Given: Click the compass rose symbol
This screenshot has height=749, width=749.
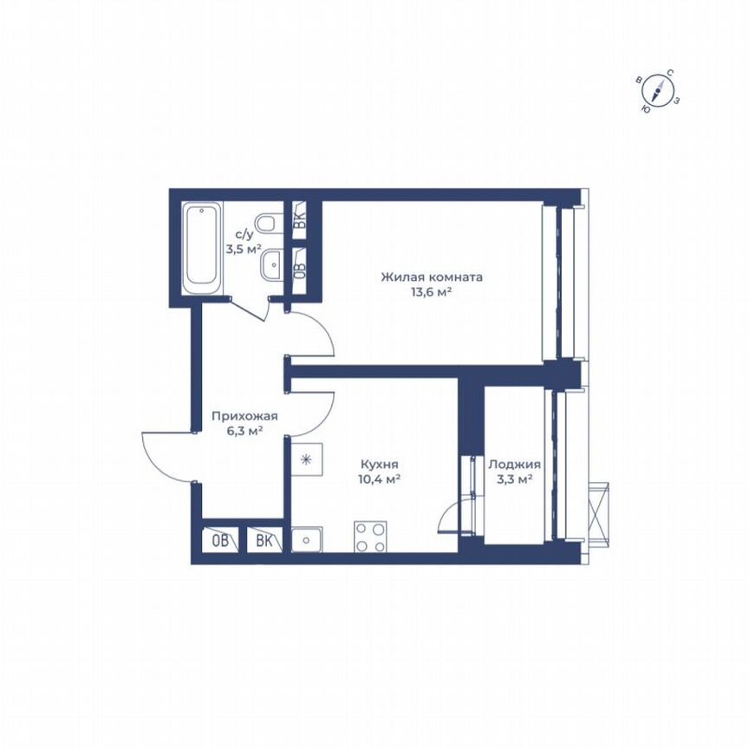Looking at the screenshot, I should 660,90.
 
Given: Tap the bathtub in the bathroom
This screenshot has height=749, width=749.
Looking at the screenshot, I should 203,246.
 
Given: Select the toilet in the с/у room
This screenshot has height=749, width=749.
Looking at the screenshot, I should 270,225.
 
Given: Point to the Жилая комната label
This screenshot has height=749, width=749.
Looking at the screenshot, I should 432,277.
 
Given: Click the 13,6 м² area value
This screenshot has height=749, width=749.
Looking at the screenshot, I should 432,292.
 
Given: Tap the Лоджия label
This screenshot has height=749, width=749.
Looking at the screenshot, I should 514,464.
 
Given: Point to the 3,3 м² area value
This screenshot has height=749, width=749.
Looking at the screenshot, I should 514,479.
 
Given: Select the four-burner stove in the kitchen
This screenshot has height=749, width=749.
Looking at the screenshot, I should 370,537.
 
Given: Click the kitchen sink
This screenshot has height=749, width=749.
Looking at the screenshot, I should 307,540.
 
